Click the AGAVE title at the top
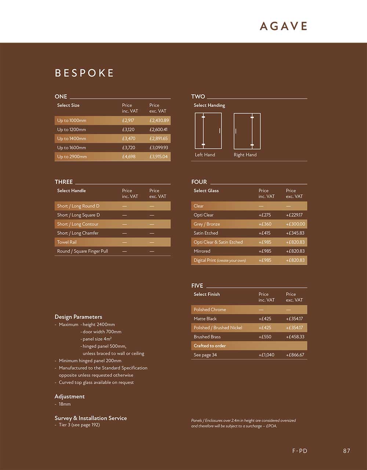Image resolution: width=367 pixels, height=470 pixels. pos(283,26)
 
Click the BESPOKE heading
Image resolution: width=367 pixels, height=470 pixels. pos(84,73)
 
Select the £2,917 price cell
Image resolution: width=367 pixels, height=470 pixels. pos(128,121)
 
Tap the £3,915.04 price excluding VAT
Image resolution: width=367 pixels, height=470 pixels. pos(159,157)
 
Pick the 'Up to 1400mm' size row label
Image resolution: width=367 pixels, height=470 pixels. pos(72,139)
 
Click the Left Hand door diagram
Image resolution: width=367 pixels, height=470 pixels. pos(208,131)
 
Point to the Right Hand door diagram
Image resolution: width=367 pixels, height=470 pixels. pos(247,131)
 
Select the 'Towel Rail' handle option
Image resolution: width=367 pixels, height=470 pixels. pos(66,242)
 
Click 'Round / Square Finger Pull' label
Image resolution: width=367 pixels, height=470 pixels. pos(83,251)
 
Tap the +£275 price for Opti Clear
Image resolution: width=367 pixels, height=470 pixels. pos(265,215)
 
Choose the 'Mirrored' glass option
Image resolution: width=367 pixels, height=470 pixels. pos(202,251)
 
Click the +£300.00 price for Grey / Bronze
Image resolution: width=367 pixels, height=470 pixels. pos(295,224)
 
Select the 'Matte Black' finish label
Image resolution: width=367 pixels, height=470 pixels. pos(205,319)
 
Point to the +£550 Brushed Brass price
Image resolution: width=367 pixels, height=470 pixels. pos(265,337)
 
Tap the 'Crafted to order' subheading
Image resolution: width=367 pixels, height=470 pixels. pos(210,346)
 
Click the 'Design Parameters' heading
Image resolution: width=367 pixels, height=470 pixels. pos(79,317)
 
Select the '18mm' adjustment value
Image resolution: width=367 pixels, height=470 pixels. pos(65,404)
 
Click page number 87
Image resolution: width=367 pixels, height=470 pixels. pos(346,451)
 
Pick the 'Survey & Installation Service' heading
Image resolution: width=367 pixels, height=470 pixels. pos(91,418)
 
